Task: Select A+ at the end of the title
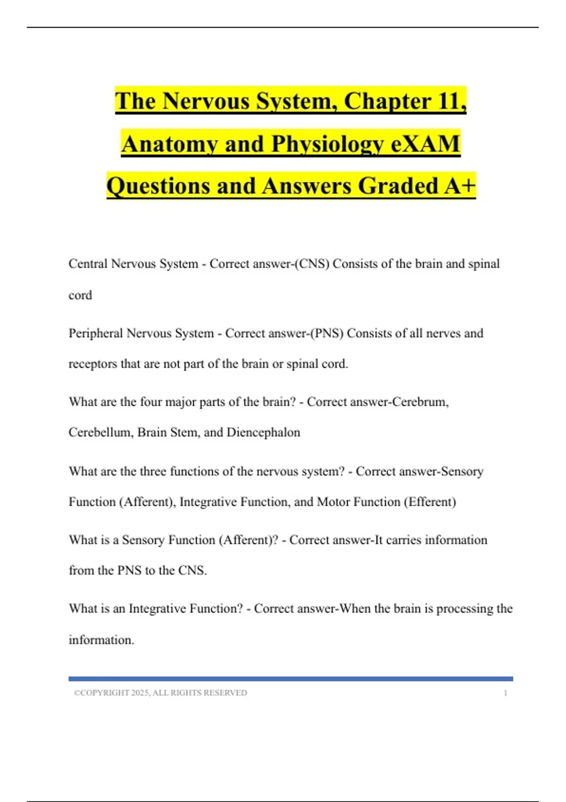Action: point(460,185)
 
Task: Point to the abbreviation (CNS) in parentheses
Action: point(311,264)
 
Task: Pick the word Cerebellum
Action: point(100,432)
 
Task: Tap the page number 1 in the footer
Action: point(506,693)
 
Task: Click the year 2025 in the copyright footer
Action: point(140,693)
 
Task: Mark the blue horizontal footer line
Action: point(291,679)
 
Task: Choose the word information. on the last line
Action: point(101,640)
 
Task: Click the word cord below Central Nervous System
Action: point(80,295)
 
